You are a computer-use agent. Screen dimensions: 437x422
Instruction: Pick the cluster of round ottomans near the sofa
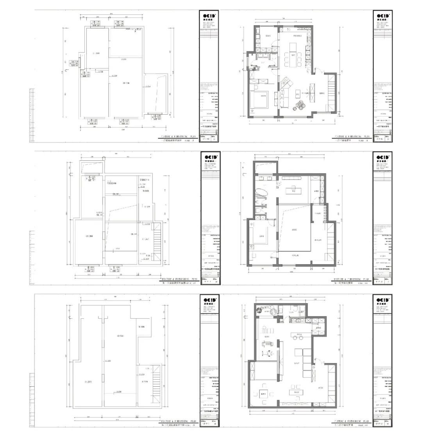pos(300,104)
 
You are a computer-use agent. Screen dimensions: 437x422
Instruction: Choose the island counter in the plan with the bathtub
pos(290,191)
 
